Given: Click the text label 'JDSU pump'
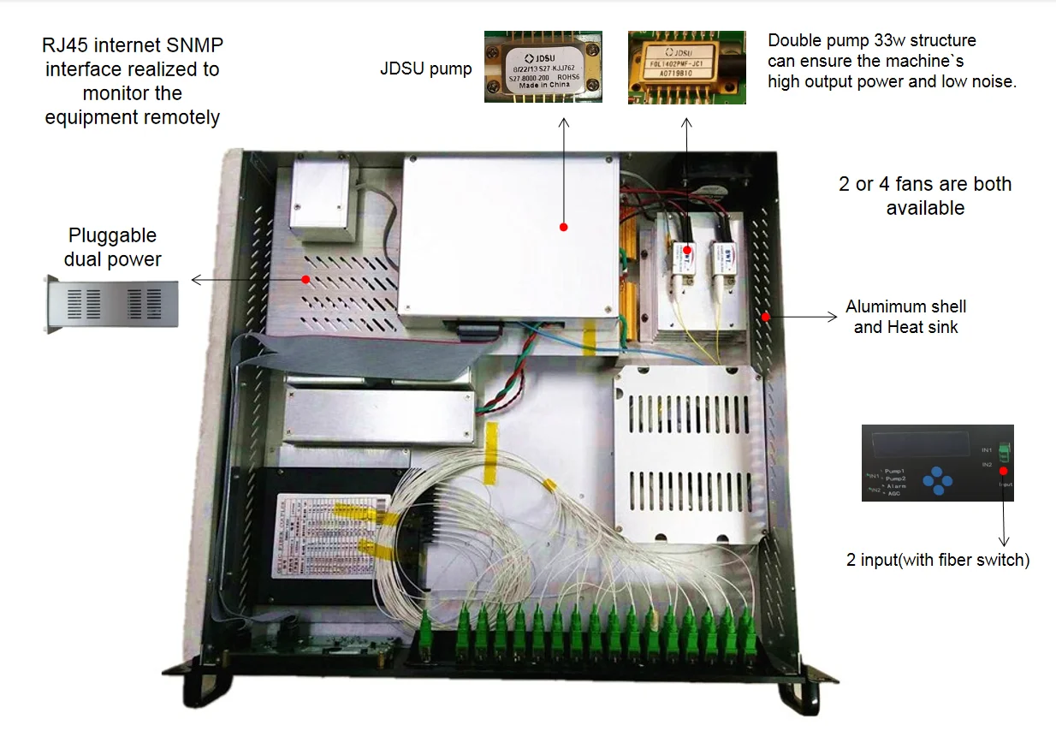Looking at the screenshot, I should [425, 69].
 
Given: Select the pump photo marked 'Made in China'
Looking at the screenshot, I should [543, 67].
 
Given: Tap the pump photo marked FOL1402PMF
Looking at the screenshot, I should [686, 68].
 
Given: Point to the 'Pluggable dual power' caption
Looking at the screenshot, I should [112, 247].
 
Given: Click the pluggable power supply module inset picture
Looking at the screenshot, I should [112, 304].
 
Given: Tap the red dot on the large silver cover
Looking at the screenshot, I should [563, 227].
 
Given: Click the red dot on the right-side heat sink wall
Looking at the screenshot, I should [766, 316].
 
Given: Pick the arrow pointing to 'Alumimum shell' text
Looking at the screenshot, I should [804, 316].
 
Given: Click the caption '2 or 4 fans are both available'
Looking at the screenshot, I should [925, 195].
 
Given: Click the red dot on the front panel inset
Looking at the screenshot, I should [1002, 471].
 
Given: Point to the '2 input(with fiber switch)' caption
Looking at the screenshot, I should [937, 561].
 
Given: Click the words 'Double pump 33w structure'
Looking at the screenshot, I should [871, 41].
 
